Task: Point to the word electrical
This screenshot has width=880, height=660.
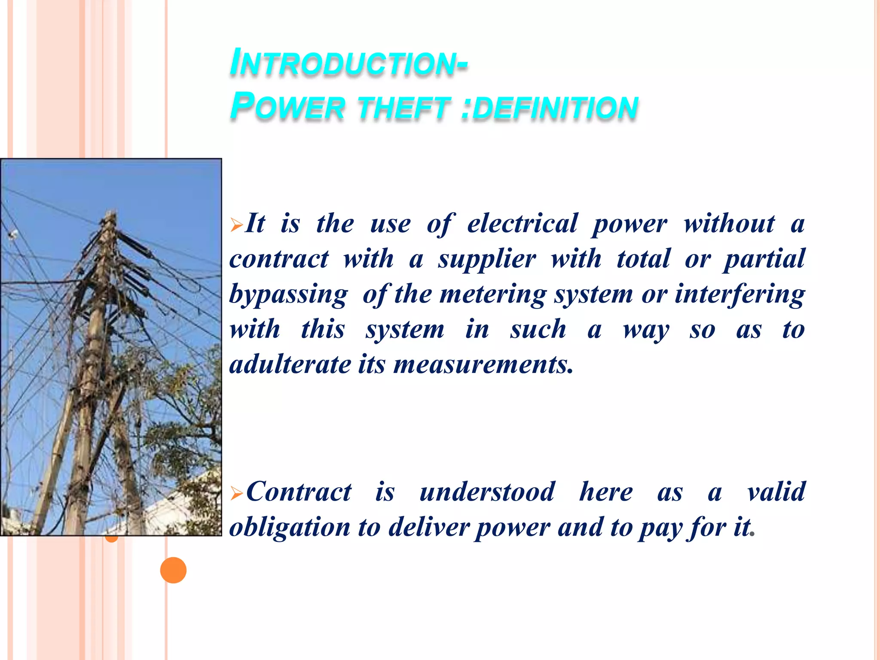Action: point(522,224)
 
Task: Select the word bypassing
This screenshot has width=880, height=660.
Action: point(288,295)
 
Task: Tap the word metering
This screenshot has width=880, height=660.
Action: point(493,295)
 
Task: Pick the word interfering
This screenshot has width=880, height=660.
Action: point(739,295)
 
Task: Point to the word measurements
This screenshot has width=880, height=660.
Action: point(483,365)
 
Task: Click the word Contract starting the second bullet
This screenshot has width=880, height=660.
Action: point(299,492)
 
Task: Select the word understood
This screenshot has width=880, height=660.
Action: point(487,492)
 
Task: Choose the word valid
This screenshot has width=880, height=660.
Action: point(776,492)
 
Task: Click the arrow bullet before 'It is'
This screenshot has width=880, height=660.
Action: point(236,225)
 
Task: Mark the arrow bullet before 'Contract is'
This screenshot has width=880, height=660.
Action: point(236,493)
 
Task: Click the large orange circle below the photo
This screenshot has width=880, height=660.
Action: point(173,570)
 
